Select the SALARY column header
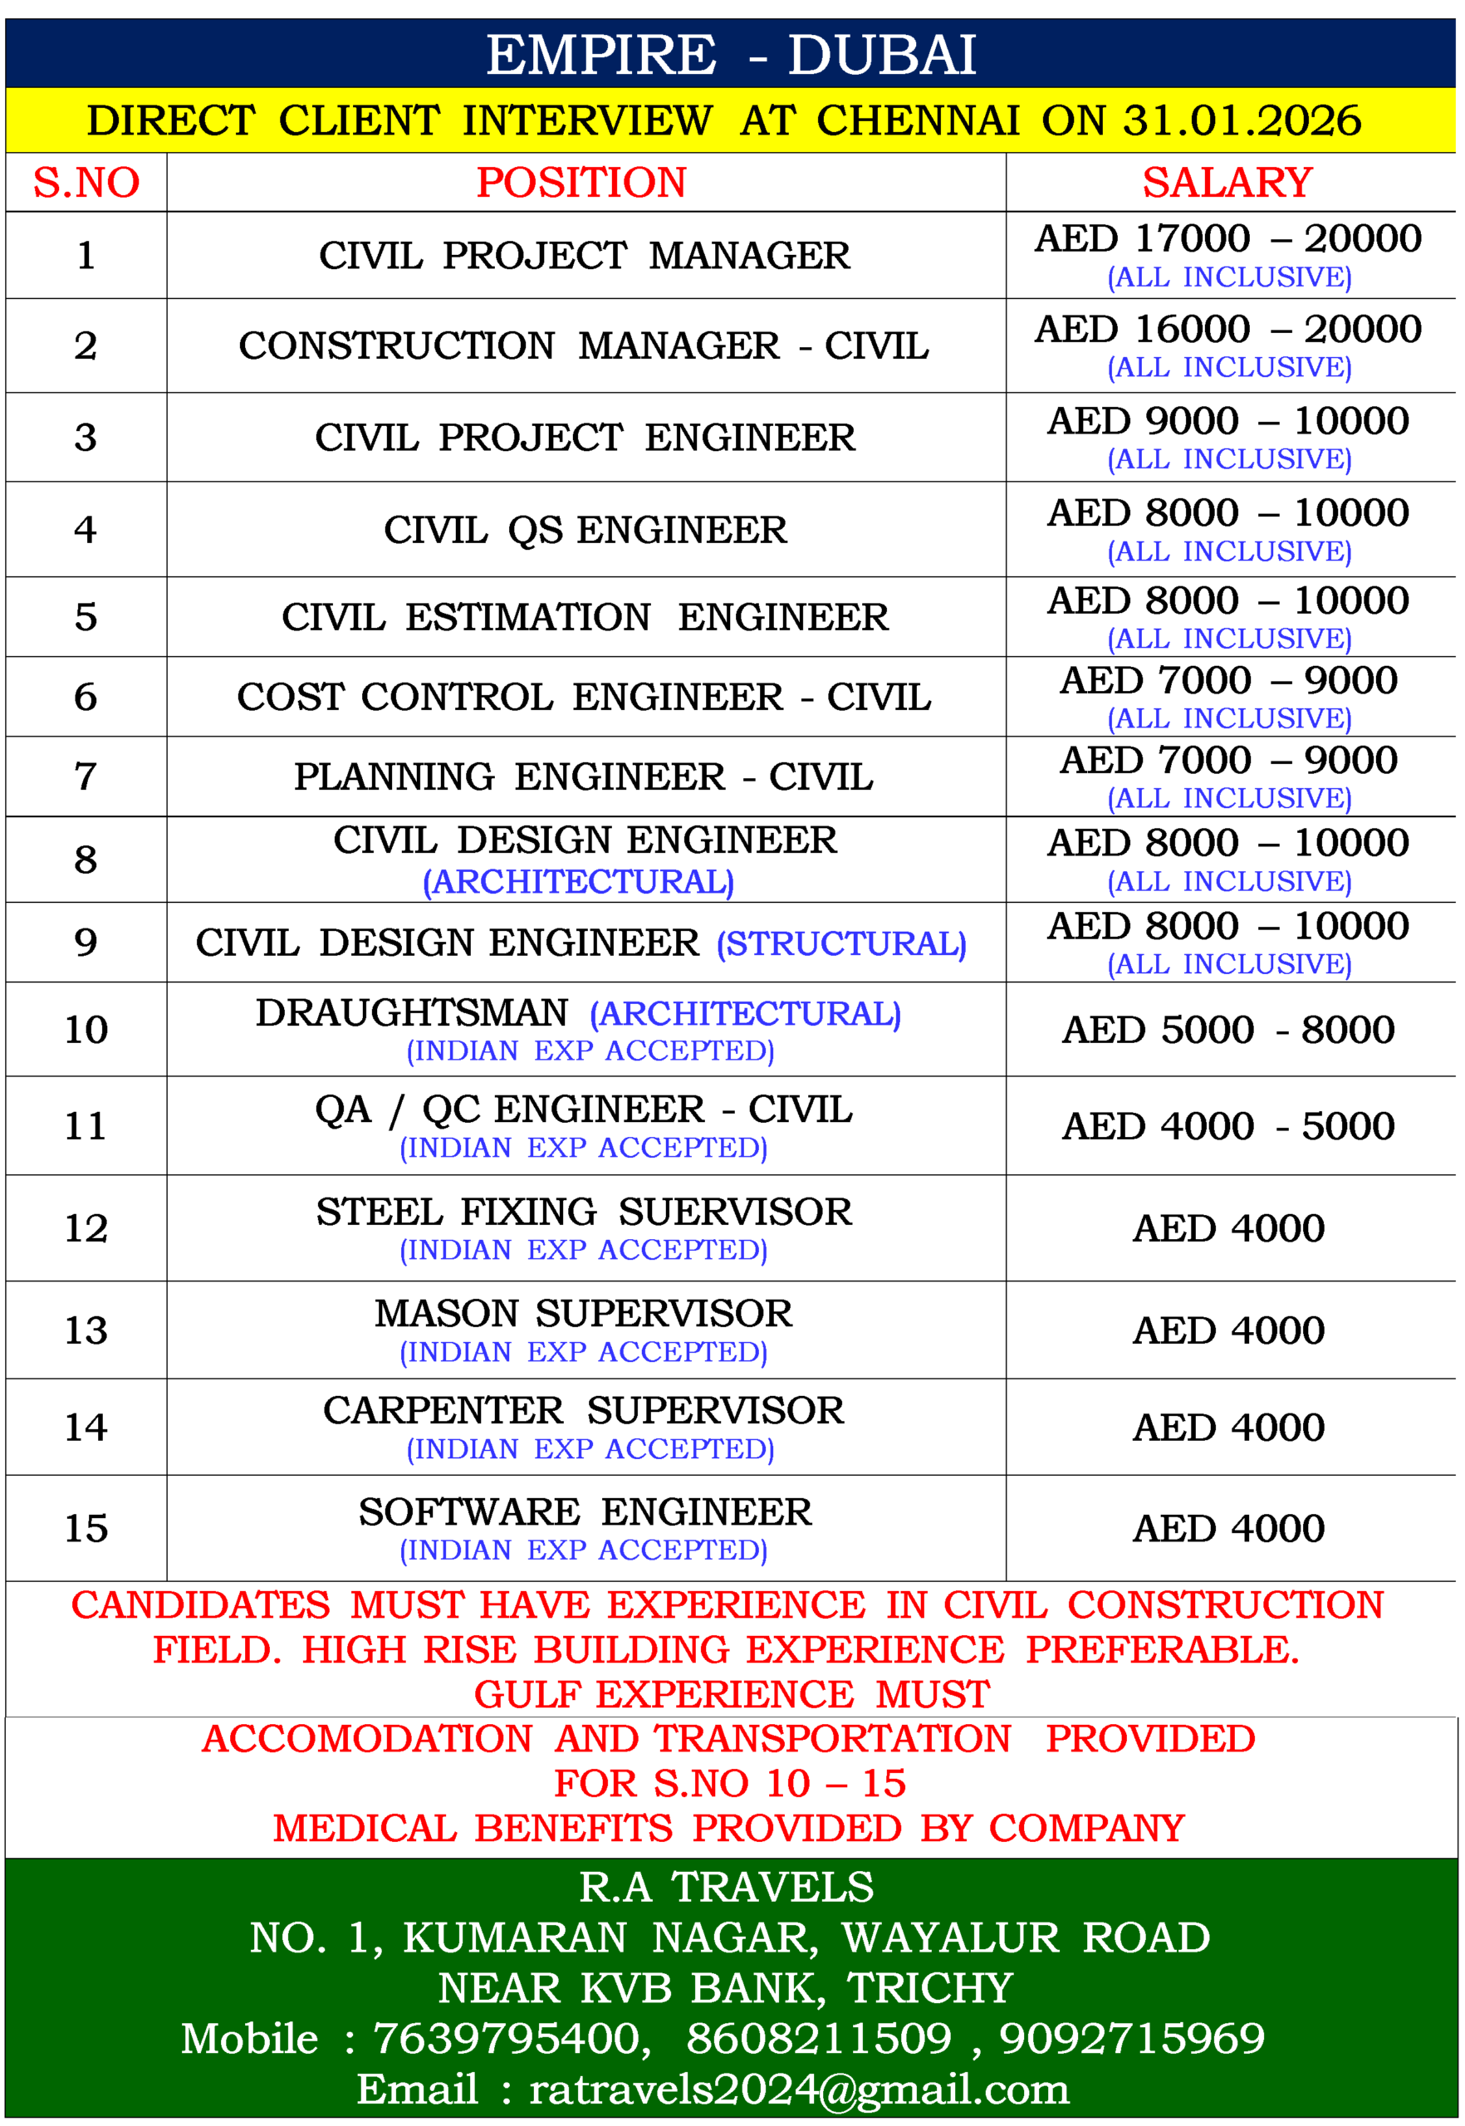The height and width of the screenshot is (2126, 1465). [x=1227, y=183]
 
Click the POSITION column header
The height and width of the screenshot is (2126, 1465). [x=581, y=183]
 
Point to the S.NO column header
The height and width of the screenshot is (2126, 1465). [x=86, y=183]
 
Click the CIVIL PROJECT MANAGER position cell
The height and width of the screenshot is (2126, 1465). [x=584, y=255]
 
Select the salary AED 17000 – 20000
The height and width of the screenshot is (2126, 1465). [x=1227, y=238]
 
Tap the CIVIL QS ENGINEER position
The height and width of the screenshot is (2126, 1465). [x=585, y=530]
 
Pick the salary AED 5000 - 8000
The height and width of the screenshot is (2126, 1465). [x=1227, y=1030]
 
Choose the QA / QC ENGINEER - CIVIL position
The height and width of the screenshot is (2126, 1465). [x=584, y=1110]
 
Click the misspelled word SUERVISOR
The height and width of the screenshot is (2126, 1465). [x=734, y=1212]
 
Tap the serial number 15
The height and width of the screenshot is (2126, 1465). [x=86, y=1528]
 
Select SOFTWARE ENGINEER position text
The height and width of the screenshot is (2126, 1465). [x=585, y=1512]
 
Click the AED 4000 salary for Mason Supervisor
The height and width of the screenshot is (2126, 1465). [x=1227, y=1330]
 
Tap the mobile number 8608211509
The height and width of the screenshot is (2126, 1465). [x=819, y=2038]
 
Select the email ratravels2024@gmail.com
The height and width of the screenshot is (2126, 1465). [x=799, y=2089]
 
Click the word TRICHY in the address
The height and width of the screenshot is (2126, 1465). [x=929, y=1988]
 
